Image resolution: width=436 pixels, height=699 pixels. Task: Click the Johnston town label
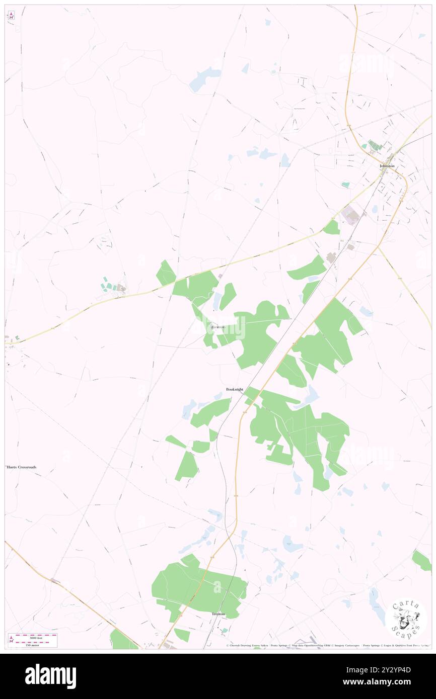pyautogui.click(x=387, y=166)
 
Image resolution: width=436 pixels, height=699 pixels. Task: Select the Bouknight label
pyautogui.click(x=235, y=389)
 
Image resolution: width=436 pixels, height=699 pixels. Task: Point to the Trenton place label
pyautogui.click(x=219, y=614)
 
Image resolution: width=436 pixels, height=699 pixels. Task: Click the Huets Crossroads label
pyautogui.click(x=22, y=467)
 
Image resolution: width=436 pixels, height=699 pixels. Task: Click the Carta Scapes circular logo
pyautogui.click(x=406, y=618)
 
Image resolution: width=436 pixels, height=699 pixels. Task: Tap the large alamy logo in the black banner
pyautogui.click(x=50, y=676)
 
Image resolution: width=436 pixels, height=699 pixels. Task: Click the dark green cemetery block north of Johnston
pyautogui.click(x=375, y=146)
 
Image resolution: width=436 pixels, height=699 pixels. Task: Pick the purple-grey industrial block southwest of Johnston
pyautogui.click(x=351, y=216)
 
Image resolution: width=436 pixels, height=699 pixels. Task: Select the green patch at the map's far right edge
pyautogui.click(x=422, y=560)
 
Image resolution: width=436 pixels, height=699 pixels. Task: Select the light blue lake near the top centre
pyautogui.click(x=204, y=79)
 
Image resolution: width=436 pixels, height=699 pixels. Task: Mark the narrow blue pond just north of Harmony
pyautogui.click(x=217, y=302)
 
